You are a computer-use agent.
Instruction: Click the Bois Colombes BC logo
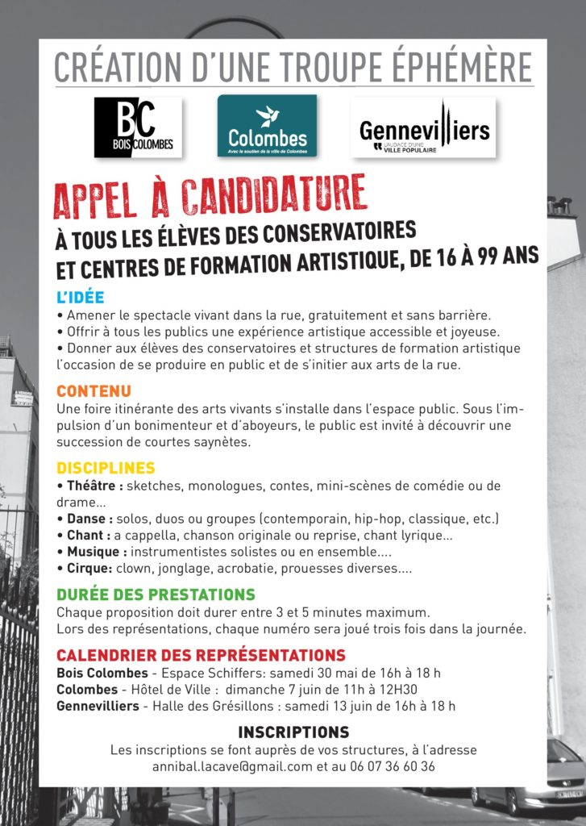pos(138,127)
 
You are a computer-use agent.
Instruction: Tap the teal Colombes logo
pos(267,127)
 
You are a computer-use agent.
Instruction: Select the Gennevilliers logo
pos(425,127)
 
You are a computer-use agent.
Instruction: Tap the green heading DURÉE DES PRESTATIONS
pos(156,594)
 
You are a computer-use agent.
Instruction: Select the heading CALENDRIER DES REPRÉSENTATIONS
pos(201,654)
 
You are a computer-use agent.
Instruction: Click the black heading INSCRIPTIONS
pos(293,732)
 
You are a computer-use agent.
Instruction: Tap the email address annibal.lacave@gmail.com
pos(232,766)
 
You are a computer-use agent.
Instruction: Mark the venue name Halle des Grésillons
pos(218,707)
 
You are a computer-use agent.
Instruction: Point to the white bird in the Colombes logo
pos(267,115)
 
